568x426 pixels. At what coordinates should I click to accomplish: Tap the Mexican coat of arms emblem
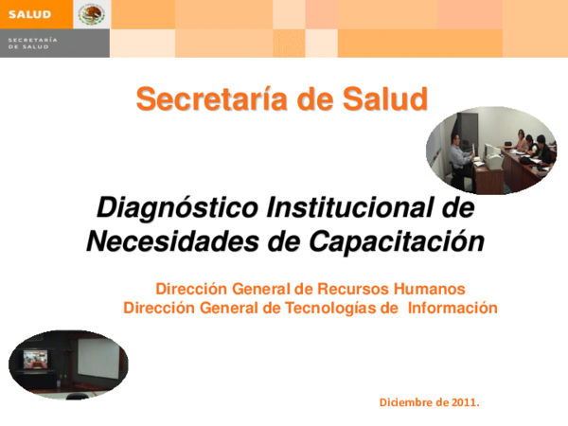click(92, 14)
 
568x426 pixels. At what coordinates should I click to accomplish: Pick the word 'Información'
click(452, 308)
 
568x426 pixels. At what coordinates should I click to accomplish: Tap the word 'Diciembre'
click(408, 402)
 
